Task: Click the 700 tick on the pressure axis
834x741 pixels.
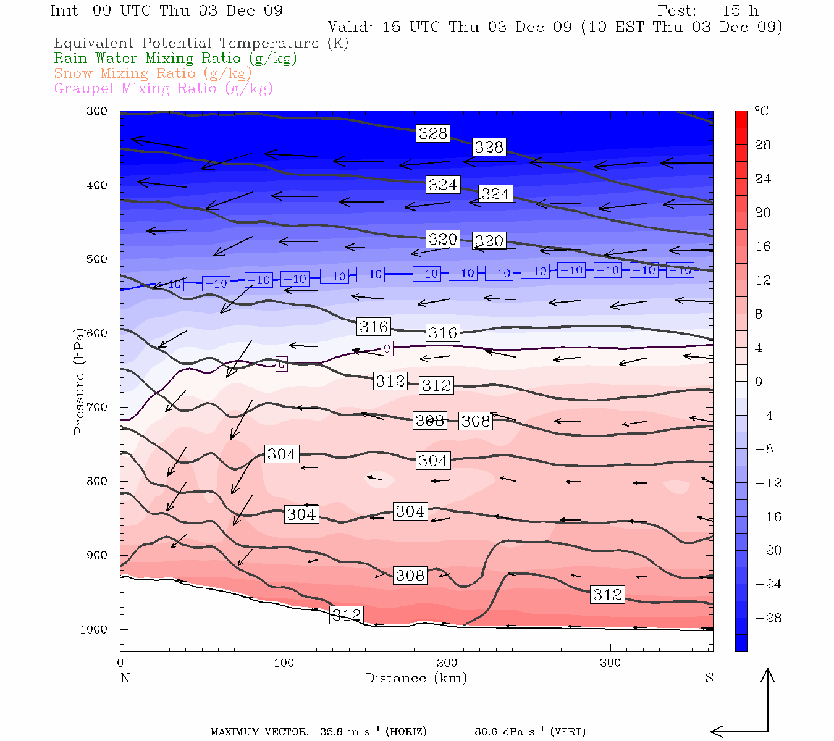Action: pyautogui.click(x=96, y=408)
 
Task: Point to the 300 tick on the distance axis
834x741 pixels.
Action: pyautogui.click(x=610, y=663)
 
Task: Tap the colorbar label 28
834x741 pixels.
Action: pyautogui.click(x=763, y=145)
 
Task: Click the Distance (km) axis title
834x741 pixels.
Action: pyautogui.click(x=416, y=678)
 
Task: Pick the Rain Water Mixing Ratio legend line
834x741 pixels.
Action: pyautogui.click(x=175, y=58)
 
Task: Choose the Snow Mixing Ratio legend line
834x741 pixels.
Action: pyautogui.click(x=153, y=73)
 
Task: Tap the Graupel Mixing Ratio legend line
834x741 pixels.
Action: pyautogui.click(x=163, y=88)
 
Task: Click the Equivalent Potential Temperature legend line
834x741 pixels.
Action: pyautogui.click(x=201, y=43)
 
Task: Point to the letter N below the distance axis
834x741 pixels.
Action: pyautogui.click(x=125, y=678)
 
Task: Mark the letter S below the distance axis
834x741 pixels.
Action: pyautogui.click(x=709, y=678)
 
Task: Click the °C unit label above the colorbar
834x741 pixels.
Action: pyautogui.click(x=761, y=111)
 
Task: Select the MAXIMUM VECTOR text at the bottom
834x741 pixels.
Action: pyautogui.click(x=259, y=732)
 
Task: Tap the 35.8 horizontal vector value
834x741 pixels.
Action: pyautogui.click(x=331, y=732)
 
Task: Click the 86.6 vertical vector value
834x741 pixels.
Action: pyautogui.click(x=486, y=732)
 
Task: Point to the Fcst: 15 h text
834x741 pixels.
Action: pyautogui.click(x=708, y=11)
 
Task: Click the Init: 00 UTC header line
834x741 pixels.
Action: pyautogui.click(x=166, y=11)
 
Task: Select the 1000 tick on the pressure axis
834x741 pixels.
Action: pyautogui.click(x=93, y=629)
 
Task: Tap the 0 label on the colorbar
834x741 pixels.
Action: pyautogui.click(x=759, y=382)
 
